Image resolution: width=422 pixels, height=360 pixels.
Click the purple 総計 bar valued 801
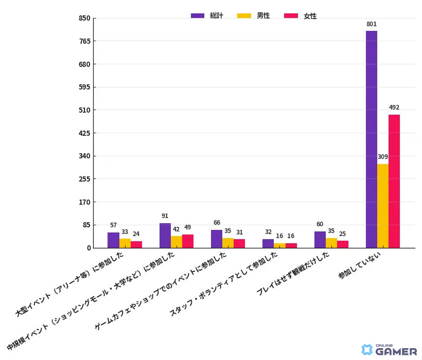pyautogui.click(x=371, y=139)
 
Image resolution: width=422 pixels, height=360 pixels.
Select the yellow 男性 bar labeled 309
pyautogui.click(x=382, y=206)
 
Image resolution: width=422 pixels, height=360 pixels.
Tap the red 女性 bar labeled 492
pyautogui.click(x=394, y=181)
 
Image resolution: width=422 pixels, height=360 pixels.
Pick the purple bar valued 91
pyautogui.click(x=165, y=236)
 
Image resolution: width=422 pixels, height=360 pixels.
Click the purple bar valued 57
pyautogui.click(x=113, y=240)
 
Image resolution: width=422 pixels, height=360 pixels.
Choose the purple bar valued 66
pyautogui.click(x=217, y=239)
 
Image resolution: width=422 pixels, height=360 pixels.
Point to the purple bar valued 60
pyautogui.click(x=320, y=240)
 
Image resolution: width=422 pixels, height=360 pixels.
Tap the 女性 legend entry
pyautogui.click(x=301, y=16)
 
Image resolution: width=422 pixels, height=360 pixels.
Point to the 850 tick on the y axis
pyautogui.click(x=84, y=19)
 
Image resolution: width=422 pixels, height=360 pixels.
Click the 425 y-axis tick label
pyautogui.click(x=84, y=133)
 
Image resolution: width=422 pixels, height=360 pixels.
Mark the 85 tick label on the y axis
pyautogui.click(x=86, y=225)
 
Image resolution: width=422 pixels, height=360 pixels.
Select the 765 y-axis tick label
pyautogui.click(x=84, y=41)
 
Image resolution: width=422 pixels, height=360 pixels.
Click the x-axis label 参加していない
pyautogui.click(x=357, y=268)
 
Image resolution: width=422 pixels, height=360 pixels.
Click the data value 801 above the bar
pyautogui.click(x=371, y=24)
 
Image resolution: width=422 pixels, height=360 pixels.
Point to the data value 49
pyautogui.click(x=187, y=227)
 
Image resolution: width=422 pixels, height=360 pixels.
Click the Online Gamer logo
pyautogui.click(x=390, y=350)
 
